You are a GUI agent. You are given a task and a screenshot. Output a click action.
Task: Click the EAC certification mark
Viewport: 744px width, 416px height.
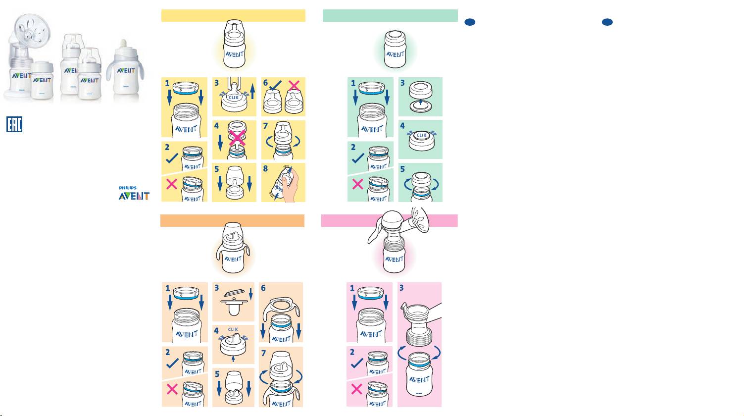(x=14, y=124)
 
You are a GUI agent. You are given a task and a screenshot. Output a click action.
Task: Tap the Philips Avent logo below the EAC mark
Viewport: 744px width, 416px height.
(x=134, y=193)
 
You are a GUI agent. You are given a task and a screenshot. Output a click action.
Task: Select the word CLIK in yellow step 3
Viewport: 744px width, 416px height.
(x=234, y=98)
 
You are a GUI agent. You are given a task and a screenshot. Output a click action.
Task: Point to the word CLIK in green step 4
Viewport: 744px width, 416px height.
(x=421, y=135)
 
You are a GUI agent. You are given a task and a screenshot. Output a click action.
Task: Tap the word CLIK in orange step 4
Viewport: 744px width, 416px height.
(x=233, y=329)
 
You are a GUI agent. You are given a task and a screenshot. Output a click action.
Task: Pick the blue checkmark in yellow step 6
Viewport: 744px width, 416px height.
(x=274, y=85)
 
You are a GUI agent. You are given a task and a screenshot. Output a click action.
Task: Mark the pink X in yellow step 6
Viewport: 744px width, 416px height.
(x=294, y=85)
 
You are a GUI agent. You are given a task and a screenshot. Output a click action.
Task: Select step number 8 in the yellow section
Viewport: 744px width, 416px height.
(x=266, y=169)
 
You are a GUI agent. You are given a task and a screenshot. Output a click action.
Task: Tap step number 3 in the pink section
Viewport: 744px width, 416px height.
(x=402, y=288)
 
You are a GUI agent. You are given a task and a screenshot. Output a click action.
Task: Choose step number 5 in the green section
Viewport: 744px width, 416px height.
(x=402, y=169)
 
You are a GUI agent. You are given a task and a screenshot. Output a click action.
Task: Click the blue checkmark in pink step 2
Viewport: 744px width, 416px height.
(x=356, y=364)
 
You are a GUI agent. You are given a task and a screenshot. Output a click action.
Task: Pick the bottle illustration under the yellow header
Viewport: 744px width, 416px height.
(x=235, y=45)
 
